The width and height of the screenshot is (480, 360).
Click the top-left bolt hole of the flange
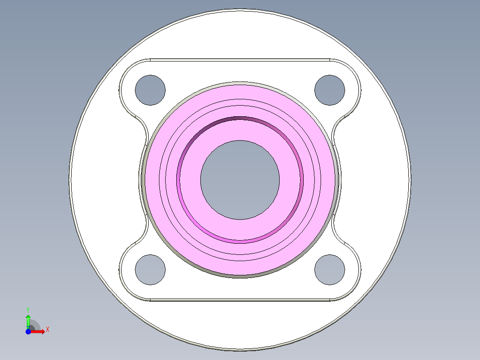(x=150, y=90)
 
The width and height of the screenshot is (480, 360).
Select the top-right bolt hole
(x=329, y=90)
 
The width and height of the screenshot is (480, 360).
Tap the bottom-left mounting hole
(x=150, y=270)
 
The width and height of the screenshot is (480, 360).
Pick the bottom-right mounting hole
(x=329, y=270)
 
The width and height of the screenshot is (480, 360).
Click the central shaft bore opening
(x=240, y=180)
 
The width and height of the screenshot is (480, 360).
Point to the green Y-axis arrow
(x=28, y=320)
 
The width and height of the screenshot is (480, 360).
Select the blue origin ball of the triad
(x=28, y=331)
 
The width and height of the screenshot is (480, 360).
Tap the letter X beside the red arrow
(x=48, y=330)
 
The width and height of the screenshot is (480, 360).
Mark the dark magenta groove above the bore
(x=240, y=119)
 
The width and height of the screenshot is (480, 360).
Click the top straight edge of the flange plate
(x=240, y=59)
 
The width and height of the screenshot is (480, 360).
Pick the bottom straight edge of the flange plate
(x=240, y=300)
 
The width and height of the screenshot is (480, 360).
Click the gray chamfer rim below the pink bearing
(x=240, y=276)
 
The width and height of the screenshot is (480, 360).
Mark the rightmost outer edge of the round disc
(x=409, y=180)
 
